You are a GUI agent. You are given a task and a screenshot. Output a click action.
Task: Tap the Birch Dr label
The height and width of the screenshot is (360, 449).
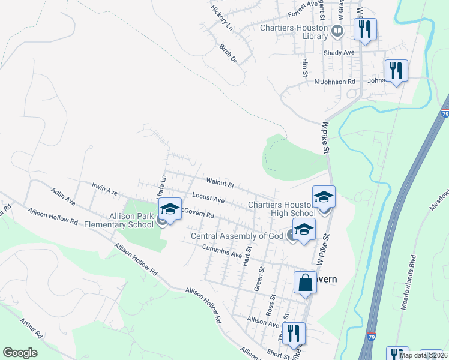[228, 53]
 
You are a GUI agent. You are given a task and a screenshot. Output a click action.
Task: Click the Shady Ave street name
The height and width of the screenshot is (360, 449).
[339, 52]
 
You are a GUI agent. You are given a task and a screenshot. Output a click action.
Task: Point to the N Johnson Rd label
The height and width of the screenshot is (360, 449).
[335, 81]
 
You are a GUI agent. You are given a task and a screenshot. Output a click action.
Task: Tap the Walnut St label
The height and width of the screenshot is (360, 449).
[219, 181]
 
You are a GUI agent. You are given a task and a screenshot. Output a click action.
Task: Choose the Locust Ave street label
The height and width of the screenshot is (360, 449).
[208, 197]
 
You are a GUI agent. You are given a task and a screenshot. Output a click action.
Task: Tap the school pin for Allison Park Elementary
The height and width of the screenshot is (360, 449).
[170, 210]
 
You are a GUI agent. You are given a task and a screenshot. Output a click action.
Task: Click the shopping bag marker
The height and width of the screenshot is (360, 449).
[305, 283]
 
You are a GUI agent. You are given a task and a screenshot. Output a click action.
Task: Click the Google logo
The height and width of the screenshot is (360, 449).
[20, 353]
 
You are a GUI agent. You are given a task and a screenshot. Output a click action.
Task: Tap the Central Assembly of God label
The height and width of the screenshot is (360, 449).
[237, 236]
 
